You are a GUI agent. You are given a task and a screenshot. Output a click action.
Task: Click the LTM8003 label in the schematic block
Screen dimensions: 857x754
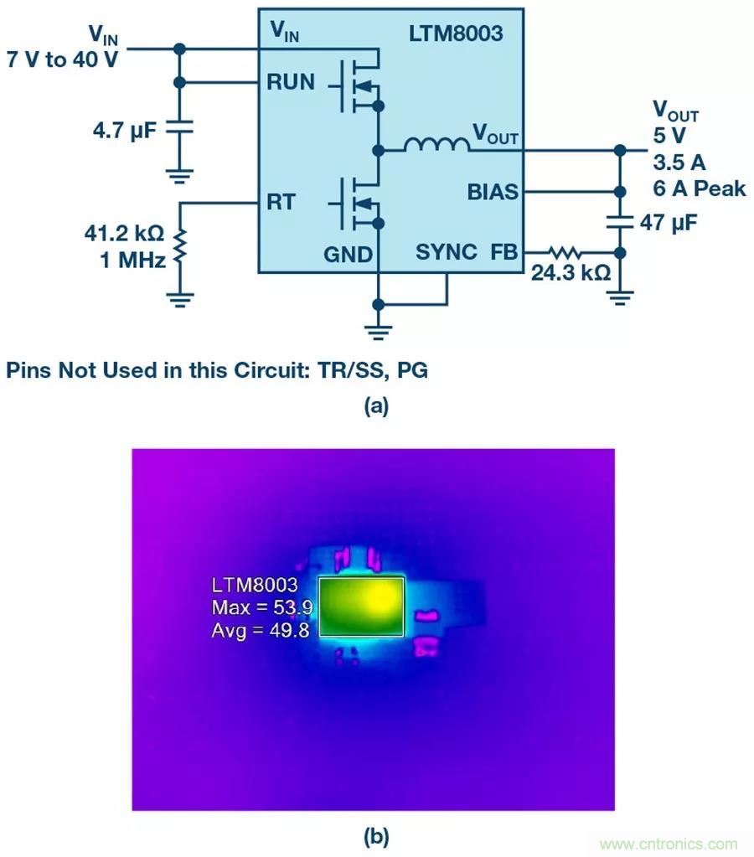coord(456,34)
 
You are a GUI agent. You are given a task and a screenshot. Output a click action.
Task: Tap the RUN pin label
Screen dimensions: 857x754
coord(291,82)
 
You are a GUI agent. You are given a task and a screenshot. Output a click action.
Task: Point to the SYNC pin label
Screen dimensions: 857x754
coord(447,251)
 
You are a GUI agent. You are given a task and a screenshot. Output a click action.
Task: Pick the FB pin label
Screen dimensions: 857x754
coord(504,251)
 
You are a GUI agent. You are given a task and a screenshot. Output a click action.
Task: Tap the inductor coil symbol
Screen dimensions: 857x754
coord(436,145)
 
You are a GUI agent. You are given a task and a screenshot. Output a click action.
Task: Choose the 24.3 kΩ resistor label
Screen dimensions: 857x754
coord(570,273)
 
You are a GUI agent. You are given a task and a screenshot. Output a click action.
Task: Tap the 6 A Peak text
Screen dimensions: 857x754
coord(699,188)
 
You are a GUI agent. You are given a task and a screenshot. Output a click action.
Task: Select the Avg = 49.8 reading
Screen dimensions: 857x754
coord(258,628)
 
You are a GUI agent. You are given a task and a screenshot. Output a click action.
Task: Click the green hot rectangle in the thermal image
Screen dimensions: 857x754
coord(361,607)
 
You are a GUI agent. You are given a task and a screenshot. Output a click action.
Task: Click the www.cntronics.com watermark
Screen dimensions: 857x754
coord(669,844)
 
